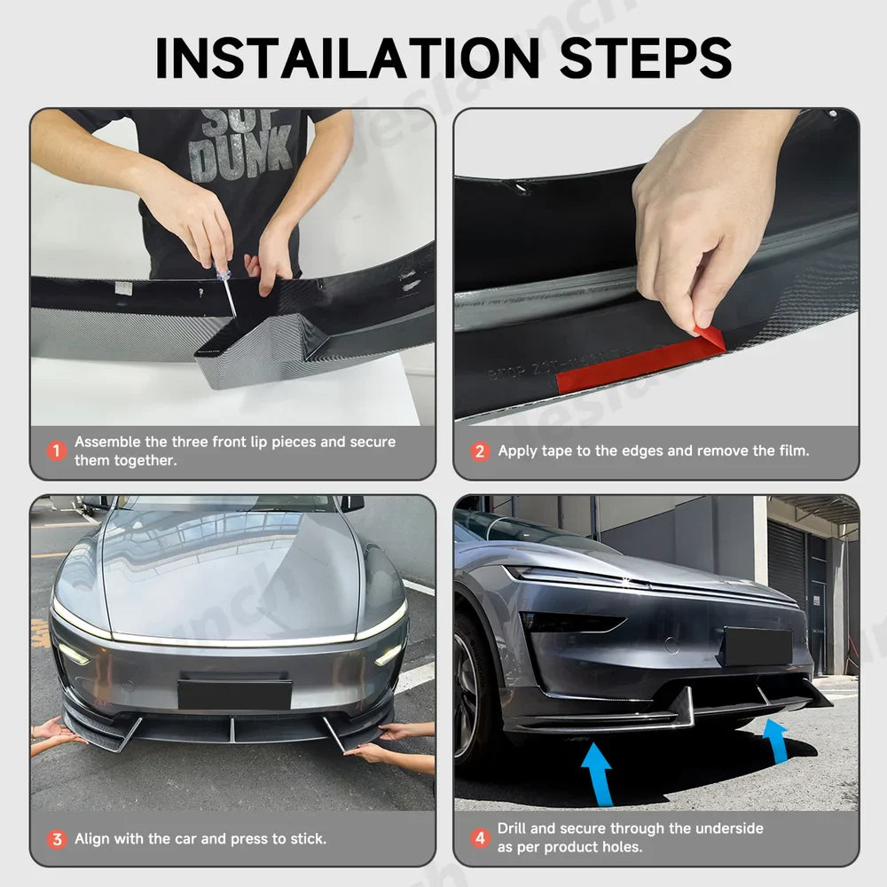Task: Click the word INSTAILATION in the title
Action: (x=347, y=58)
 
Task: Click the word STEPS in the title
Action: (x=641, y=58)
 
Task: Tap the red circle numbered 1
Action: (x=57, y=451)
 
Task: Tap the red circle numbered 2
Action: (x=480, y=451)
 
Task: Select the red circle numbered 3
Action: (x=57, y=838)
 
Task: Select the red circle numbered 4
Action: (x=480, y=838)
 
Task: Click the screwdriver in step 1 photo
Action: (x=226, y=287)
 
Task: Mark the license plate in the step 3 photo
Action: (x=234, y=695)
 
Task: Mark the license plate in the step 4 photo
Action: (x=756, y=647)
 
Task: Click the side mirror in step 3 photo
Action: (x=352, y=503)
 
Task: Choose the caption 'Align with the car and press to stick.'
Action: (x=200, y=838)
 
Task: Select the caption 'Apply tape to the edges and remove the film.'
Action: (x=653, y=451)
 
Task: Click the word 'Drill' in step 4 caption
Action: (x=515, y=828)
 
